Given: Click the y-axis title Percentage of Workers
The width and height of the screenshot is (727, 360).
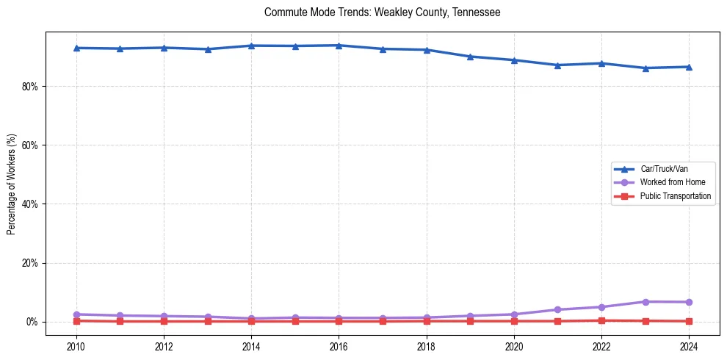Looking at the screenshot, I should (11, 184).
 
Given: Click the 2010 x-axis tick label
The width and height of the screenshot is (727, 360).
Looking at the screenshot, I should (76, 345).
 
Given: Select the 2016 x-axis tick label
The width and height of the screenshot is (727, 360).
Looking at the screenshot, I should (339, 345).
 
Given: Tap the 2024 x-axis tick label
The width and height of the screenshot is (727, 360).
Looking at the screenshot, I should (688, 345).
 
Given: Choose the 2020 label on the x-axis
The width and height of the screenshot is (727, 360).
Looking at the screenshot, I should (513, 345).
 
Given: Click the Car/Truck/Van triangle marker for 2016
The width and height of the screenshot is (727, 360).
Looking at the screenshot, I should (339, 46).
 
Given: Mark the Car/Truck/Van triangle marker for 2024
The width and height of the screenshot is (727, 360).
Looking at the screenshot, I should (688, 67).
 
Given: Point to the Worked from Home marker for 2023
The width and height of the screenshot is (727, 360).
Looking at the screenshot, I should (645, 302).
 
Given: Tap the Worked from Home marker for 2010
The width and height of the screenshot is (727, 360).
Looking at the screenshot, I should (76, 314).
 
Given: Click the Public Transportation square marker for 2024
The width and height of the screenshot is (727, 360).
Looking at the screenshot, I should (688, 321).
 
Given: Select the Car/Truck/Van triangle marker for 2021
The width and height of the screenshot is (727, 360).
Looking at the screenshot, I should (557, 65).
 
